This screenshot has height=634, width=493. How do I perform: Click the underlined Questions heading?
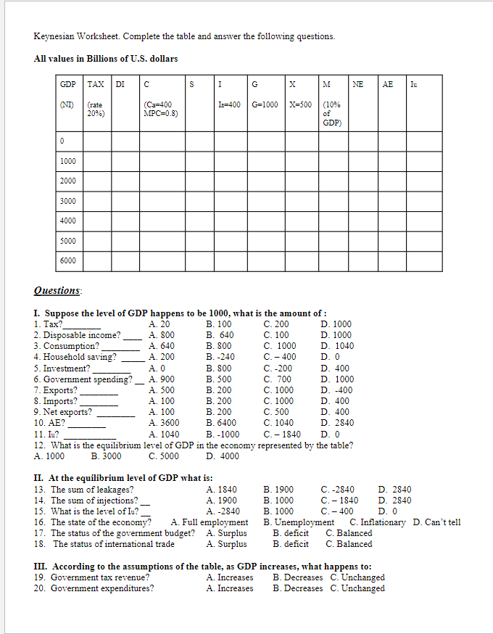(58, 291)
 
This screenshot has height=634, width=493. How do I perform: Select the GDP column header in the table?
(68, 85)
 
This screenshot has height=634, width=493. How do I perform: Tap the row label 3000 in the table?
(68, 201)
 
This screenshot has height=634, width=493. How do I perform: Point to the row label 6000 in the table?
(68, 260)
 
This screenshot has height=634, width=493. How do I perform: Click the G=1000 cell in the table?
(265, 104)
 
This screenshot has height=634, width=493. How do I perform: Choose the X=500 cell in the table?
(300, 104)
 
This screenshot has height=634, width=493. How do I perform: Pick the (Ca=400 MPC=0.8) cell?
(161, 109)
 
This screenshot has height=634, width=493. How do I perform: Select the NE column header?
(358, 85)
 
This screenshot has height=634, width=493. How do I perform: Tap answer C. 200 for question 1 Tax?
(276, 324)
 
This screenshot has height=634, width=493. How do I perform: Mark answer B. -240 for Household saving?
(220, 357)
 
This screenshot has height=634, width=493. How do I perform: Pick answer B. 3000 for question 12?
(107, 456)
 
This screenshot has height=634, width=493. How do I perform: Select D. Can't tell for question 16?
(436, 522)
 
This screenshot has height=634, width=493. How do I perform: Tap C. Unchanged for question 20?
(357, 588)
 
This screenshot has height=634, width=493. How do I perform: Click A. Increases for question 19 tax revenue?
(230, 577)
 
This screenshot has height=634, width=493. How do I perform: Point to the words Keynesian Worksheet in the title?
(70, 36)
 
